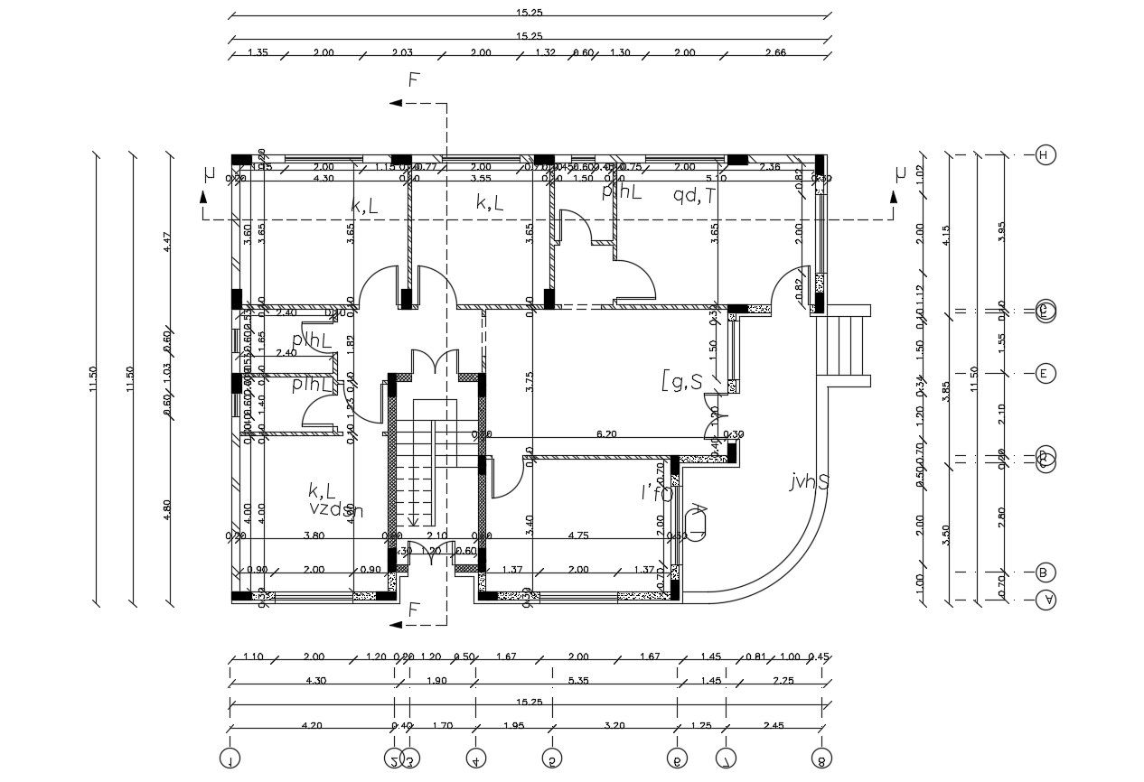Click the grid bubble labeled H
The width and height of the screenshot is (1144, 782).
coord(1046,155)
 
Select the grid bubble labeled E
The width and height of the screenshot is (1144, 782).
coord(1046,373)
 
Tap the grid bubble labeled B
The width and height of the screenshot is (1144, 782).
coord(1046,573)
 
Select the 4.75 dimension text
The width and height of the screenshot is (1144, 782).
coord(578,535)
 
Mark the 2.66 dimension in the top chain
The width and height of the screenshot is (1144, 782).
coord(774,52)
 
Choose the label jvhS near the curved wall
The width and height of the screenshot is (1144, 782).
coord(810,481)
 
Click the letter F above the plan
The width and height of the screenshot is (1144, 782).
coord(413,80)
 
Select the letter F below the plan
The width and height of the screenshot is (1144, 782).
coord(413,609)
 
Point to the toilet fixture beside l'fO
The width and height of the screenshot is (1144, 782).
coord(698,522)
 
